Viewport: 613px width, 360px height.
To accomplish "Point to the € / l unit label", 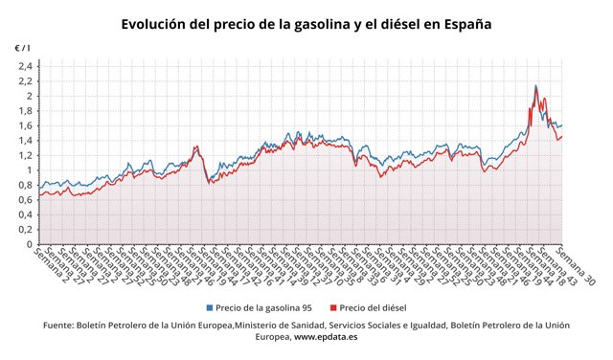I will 21,48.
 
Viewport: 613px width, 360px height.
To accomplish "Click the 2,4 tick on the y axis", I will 25,66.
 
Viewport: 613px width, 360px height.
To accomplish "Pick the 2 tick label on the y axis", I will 29,96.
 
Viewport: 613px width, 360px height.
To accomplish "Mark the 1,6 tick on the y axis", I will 25,125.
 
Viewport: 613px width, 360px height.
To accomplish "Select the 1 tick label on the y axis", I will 29,170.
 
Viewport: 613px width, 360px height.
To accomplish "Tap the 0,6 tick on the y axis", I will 25,200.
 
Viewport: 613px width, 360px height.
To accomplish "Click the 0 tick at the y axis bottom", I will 29,244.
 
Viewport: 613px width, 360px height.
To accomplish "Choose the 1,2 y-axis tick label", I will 25,155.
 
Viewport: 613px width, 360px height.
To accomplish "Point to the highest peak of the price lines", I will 535,86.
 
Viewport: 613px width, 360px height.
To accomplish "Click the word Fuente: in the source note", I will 63,326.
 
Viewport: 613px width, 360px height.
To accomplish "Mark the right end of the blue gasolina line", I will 562,124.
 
